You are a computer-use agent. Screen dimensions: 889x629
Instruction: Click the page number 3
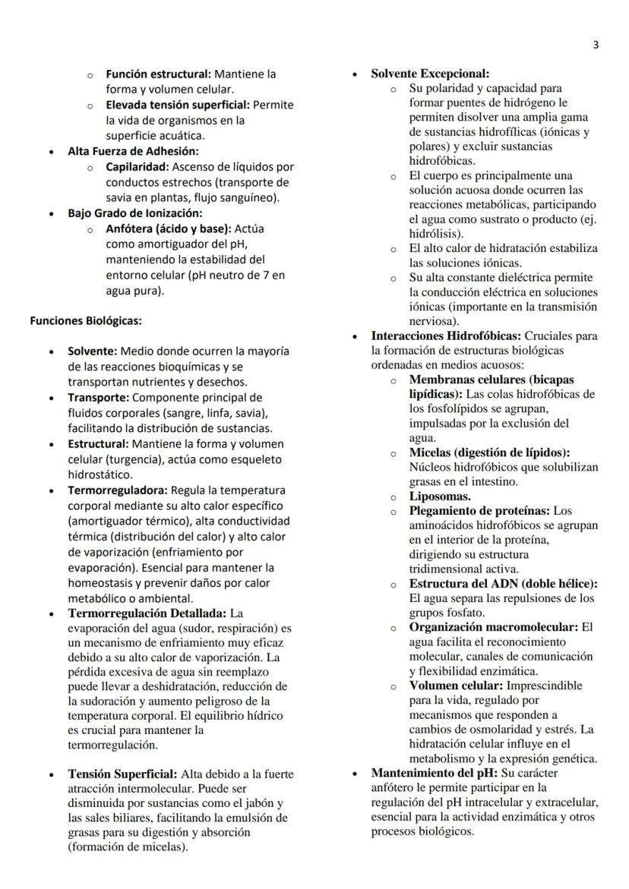click(596, 45)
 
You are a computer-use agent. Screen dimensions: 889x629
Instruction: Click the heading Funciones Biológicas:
click(85, 321)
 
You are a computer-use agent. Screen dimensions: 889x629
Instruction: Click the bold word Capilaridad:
click(136, 166)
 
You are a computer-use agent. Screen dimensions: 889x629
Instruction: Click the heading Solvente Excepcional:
click(430, 74)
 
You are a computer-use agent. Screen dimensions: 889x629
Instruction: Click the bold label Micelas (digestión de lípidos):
click(489, 452)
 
